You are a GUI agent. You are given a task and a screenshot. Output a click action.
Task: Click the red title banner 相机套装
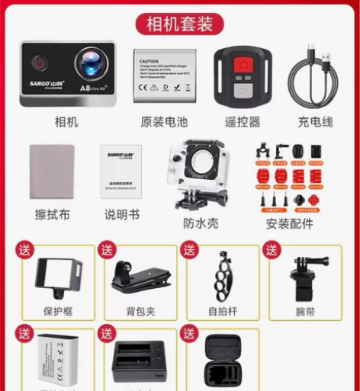click(x=180, y=23)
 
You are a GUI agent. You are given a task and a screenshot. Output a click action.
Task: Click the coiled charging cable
click(x=314, y=76)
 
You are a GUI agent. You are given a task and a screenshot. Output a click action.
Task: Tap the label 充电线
click(x=315, y=121)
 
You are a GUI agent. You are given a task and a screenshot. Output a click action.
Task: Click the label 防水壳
click(x=201, y=223)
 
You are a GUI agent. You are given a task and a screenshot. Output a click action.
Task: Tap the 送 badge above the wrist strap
click(x=271, y=249)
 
